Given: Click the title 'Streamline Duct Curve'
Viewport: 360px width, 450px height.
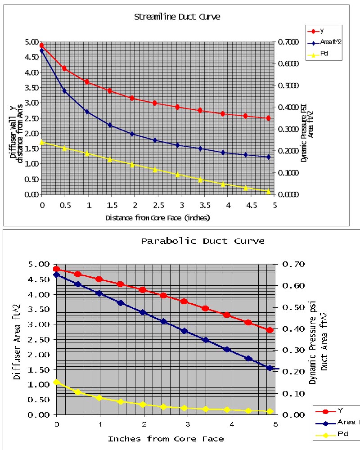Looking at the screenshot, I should pos(177,17).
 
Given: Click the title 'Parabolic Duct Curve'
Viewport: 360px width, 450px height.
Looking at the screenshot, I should pos(202,241).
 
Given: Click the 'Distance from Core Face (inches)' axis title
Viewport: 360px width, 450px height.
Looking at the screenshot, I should pos(157,217).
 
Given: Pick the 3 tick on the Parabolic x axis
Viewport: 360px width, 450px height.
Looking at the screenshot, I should pos(188,424).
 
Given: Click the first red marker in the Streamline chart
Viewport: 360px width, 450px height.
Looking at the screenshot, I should pos(42,45).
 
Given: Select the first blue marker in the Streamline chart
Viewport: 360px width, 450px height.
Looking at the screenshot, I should pos(42,50).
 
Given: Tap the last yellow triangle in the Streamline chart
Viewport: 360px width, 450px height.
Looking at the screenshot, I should pos(268,191).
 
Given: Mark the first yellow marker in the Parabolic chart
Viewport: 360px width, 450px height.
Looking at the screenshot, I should pos(56,382).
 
